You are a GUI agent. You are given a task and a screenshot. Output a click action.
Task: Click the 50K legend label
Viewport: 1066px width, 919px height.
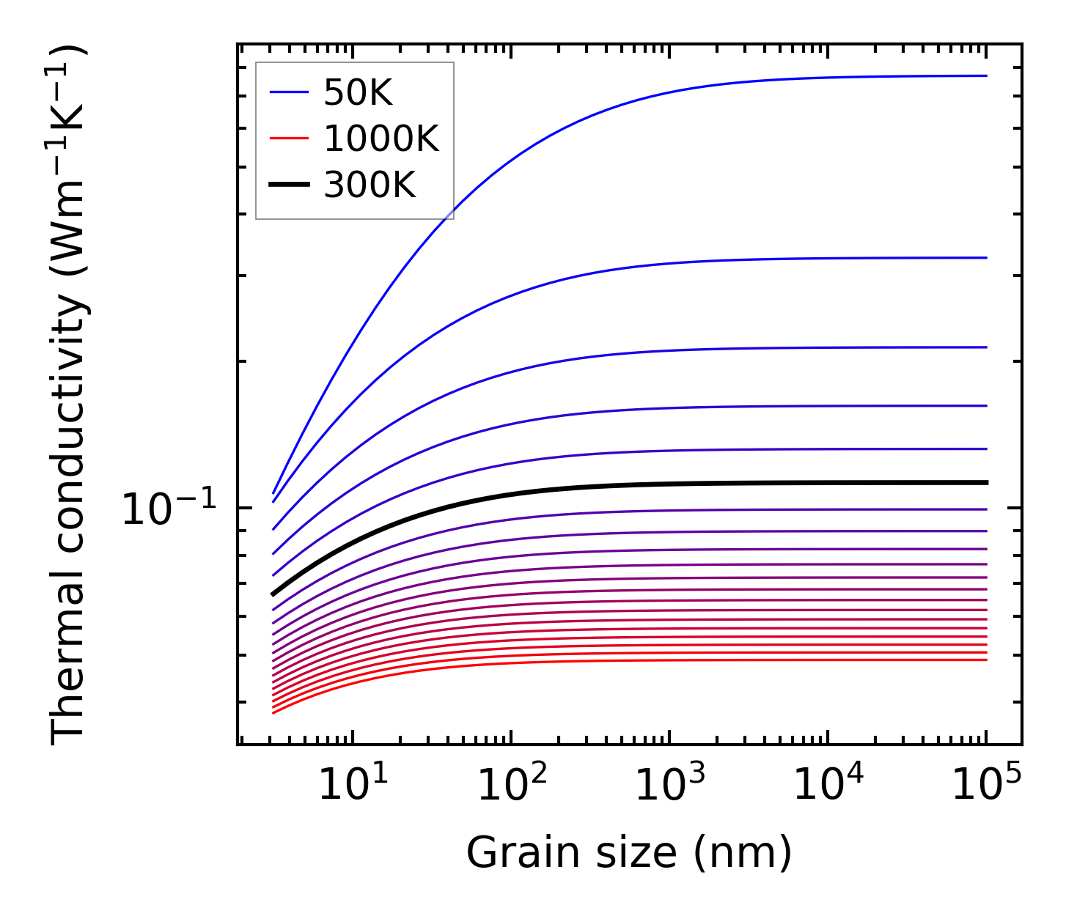click(358, 94)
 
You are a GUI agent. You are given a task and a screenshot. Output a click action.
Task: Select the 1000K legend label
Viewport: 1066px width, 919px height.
click(381, 139)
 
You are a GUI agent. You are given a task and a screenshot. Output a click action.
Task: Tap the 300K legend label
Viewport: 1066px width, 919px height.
click(370, 185)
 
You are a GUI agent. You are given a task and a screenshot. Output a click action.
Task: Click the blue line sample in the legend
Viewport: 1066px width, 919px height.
click(289, 92)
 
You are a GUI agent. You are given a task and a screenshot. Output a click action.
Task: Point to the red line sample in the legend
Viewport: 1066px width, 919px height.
click(289, 139)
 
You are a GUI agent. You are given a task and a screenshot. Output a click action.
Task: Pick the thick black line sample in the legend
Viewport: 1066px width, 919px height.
click(289, 185)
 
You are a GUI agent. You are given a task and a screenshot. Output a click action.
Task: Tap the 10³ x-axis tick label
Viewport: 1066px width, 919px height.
click(669, 786)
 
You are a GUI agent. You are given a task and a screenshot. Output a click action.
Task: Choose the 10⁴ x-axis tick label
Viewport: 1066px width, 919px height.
click(828, 786)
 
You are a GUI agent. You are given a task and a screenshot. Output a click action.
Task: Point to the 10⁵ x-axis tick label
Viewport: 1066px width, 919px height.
click(986, 786)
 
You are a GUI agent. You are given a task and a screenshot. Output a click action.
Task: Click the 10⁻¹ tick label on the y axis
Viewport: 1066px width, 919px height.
click(169, 509)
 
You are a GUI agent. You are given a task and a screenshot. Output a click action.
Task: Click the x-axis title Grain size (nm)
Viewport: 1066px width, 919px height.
click(629, 854)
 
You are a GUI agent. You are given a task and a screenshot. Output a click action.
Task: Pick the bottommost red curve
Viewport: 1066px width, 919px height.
click(587, 661)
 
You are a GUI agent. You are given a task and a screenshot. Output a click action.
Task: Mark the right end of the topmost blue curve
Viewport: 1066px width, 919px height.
click(986, 75)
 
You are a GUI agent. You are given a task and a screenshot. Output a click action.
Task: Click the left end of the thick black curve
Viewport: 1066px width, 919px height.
click(273, 594)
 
